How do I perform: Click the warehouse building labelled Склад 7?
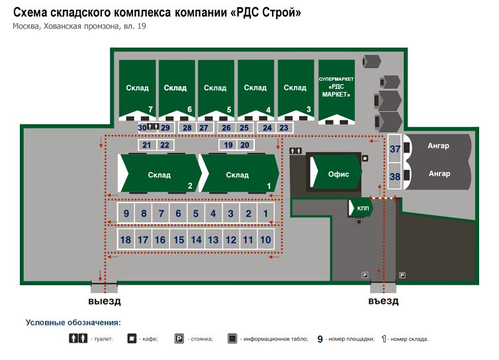[x=137, y=89]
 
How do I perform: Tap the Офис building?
[x=337, y=173]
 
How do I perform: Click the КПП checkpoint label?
[x=363, y=208]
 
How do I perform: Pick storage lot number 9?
[x=126, y=213]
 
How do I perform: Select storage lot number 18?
[x=126, y=240]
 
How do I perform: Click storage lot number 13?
[x=213, y=240]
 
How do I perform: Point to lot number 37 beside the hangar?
[x=395, y=149]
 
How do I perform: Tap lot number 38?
[x=395, y=176]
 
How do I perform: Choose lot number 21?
[x=147, y=145]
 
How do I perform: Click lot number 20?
[x=245, y=145]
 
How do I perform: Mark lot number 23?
[x=284, y=128]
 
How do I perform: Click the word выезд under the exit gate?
[x=105, y=301]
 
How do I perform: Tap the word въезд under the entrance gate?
[x=383, y=301]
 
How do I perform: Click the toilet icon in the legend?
[x=78, y=338]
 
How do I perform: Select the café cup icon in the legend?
[x=132, y=338]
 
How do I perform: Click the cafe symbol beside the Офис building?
[x=365, y=158]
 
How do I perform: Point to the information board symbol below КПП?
[x=359, y=222]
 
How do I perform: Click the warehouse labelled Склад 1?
[x=240, y=174]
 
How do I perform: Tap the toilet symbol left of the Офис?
[x=296, y=151]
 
